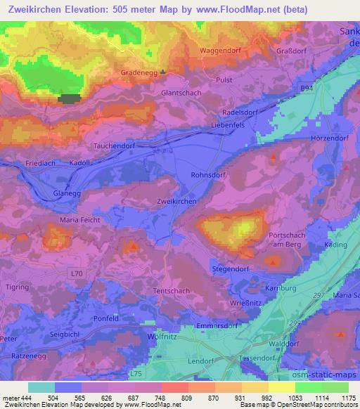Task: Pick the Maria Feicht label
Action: click(x=79, y=220)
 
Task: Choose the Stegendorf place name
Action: click(x=232, y=269)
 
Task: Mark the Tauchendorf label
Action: click(x=115, y=145)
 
